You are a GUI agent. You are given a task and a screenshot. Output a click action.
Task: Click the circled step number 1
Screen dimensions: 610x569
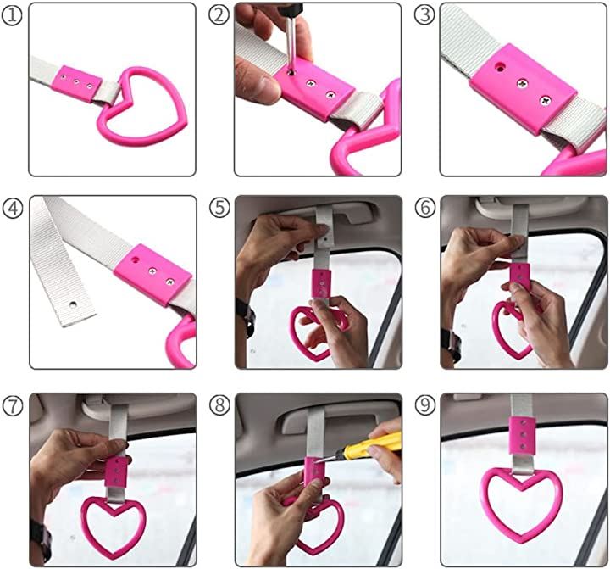(12, 16)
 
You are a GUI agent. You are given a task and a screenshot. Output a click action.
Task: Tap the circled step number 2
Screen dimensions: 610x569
(219, 16)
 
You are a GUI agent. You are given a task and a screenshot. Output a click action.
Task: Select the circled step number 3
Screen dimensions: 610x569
(424, 16)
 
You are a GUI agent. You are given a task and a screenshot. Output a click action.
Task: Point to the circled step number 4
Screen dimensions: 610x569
(13, 208)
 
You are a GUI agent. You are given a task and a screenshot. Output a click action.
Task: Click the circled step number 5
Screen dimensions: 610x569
(219, 208)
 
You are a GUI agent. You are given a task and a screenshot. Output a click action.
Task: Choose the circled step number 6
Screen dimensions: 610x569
(425, 208)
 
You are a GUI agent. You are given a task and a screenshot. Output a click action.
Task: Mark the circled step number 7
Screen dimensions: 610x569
(13, 406)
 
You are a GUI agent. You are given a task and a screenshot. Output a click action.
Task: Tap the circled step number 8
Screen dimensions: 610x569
(219, 405)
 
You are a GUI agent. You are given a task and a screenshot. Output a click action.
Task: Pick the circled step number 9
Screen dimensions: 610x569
(425, 405)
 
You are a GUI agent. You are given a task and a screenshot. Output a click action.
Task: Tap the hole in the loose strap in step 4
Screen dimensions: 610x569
(73, 304)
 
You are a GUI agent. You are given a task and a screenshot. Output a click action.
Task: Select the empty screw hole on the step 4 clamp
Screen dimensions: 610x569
(135, 259)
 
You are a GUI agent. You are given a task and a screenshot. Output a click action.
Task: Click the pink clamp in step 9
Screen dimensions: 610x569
(521, 435)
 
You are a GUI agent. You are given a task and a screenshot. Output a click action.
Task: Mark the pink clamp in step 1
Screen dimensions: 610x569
(77, 83)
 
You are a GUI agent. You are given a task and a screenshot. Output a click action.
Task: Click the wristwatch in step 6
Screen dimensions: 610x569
(452, 344)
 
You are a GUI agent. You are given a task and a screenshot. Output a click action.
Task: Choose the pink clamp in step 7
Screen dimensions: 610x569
(115, 472)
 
